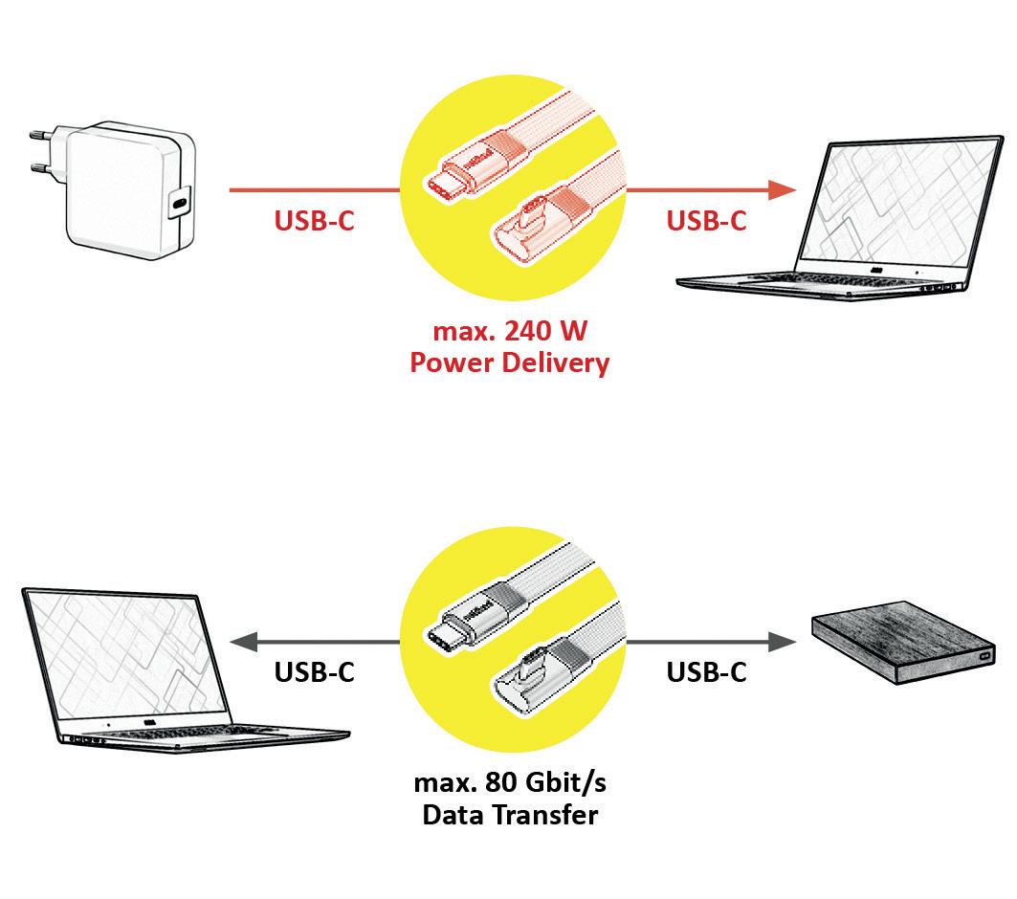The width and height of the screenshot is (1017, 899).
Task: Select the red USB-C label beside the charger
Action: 314,220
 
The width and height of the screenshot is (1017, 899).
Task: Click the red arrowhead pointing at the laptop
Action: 783,189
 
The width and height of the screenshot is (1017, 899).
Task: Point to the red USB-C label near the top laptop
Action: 706,220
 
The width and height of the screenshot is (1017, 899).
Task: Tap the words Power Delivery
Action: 509,363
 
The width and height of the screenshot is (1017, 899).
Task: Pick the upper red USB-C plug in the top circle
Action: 459,177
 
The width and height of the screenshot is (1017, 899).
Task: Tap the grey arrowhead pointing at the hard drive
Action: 783,642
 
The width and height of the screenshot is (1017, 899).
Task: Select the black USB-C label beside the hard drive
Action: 706,672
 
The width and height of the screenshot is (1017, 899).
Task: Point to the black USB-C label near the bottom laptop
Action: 314,672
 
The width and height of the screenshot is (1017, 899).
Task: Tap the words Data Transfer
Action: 509,815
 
